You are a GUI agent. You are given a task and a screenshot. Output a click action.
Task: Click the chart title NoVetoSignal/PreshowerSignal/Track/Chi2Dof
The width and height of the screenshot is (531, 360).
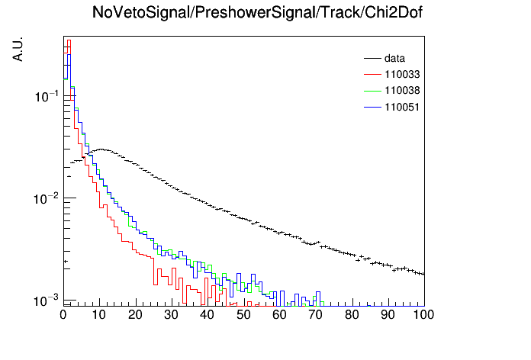[x=257, y=12]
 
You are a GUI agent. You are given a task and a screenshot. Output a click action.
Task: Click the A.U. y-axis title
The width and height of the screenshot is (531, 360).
[x=18, y=49]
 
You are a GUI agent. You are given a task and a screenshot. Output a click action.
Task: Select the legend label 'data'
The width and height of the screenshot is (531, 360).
[x=394, y=58]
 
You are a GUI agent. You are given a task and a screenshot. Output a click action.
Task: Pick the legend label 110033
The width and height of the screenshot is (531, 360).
[x=402, y=74]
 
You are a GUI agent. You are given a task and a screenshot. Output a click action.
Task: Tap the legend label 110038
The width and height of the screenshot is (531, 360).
[x=402, y=91]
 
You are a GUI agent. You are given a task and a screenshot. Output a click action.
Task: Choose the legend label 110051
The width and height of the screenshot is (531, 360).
[x=402, y=107]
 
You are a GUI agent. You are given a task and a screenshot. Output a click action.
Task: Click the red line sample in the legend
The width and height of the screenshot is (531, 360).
[x=372, y=75]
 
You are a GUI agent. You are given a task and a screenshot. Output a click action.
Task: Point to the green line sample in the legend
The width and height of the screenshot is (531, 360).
[x=372, y=91]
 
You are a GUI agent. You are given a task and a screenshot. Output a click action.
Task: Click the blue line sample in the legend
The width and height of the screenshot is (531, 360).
[x=372, y=108]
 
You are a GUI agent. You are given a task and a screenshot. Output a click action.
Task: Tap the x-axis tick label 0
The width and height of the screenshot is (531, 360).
[x=63, y=315]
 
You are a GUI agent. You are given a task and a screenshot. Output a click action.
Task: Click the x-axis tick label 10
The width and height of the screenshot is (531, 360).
[x=99, y=315]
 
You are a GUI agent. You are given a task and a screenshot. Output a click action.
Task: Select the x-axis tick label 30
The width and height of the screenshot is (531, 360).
[x=171, y=315]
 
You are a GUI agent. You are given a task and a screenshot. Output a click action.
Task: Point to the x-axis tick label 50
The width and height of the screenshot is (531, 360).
[x=243, y=315]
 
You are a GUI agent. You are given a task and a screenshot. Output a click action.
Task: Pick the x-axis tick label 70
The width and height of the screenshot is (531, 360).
[x=315, y=315]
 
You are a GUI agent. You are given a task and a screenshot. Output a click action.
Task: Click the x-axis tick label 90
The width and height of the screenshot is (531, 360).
[x=388, y=315]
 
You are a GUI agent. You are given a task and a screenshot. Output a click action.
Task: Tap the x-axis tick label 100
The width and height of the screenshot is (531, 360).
[x=423, y=315]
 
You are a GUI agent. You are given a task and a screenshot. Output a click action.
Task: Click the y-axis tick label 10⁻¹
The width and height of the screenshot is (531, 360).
[x=47, y=96]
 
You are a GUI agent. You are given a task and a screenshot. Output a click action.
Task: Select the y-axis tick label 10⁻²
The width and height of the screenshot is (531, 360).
[x=47, y=198]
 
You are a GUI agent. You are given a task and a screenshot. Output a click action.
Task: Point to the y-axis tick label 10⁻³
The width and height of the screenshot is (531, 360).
[x=47, y=300]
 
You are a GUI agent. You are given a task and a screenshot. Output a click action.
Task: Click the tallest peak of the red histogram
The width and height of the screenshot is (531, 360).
[x=69, y=40]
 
